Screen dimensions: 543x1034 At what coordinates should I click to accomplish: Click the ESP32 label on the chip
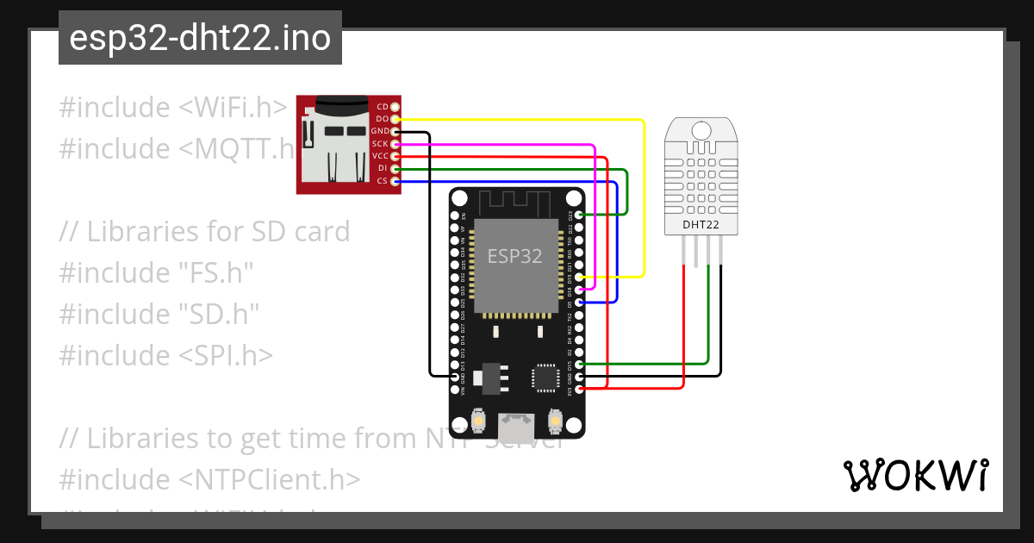click(x=514, y=256)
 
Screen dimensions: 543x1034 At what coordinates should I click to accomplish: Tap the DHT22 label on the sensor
click(x=701, y=225)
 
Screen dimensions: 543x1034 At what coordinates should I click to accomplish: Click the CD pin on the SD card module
click(x=396, y=106)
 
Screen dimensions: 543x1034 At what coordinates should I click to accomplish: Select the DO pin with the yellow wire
click(x=396, y=119)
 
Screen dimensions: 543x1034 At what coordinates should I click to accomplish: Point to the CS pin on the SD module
click(x=396, y=181)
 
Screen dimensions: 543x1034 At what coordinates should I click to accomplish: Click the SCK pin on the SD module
click(x=396, y=144)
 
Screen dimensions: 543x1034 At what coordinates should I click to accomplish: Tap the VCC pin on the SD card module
click(x=396, y=156)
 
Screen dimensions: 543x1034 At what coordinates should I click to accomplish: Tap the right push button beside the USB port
click(x=555, y=422)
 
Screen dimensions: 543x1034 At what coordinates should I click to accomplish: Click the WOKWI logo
click(x=915, y=475)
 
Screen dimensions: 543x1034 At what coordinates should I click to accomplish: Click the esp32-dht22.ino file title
click(x=200, y=39)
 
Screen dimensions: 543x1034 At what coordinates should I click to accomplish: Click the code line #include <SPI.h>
click(x=166, y=355)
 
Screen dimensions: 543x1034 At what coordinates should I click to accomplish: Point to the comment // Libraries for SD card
click(x=204, y=232)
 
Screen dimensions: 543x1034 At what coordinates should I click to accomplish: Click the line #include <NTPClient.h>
click(x=209, y=479)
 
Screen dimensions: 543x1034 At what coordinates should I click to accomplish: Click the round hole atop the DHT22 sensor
click(x=701, y=130)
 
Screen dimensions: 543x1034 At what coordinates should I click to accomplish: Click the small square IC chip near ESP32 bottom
click(x=545, y=378)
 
